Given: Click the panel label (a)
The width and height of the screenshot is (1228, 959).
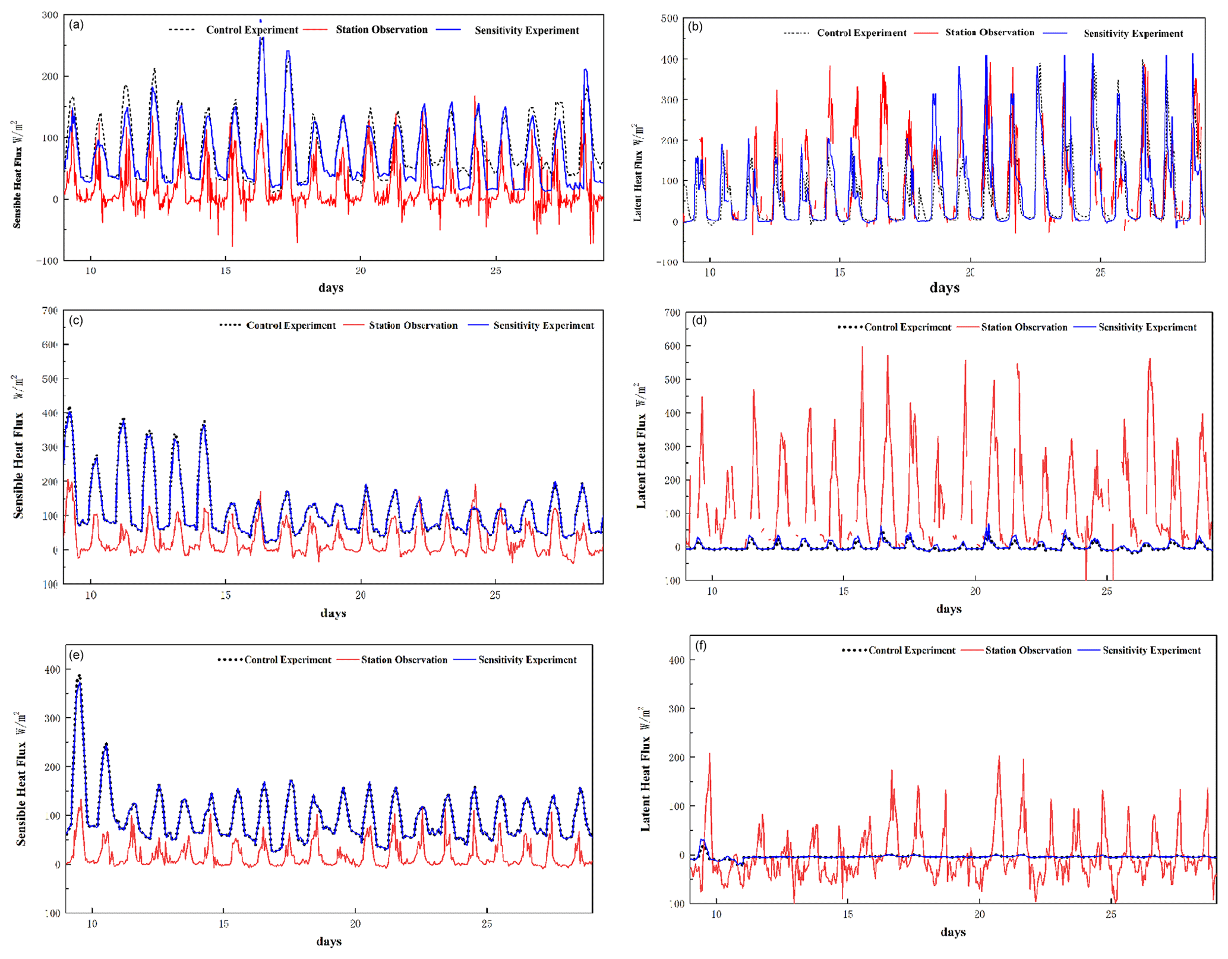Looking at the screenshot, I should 76,25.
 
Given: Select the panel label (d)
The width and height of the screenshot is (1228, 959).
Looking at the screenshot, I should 699,321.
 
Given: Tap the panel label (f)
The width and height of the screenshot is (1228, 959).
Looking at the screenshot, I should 701,645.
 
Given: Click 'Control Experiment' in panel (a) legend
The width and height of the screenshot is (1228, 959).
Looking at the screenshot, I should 251,30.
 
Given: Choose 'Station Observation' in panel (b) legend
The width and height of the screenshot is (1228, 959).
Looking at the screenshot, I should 989,33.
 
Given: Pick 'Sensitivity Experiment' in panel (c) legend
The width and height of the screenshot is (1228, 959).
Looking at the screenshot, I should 543,326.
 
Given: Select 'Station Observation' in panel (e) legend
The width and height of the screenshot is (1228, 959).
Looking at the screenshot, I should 404,660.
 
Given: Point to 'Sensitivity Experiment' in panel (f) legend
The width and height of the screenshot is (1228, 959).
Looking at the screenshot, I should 1151,650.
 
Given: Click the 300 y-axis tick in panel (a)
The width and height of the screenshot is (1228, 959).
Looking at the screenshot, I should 50,15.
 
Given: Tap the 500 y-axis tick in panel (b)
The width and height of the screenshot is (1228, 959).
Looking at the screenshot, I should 669,18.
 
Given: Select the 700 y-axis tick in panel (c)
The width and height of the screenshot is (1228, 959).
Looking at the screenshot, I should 50,310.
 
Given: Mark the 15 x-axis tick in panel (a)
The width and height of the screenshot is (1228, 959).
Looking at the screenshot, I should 225,271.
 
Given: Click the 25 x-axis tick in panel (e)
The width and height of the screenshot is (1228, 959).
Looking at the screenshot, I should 487,924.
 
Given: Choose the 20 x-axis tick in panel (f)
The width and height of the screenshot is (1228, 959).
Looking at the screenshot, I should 979,914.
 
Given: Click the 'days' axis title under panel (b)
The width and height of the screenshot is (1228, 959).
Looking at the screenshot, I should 944,288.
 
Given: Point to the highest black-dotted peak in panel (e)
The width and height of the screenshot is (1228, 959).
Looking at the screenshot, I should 79,676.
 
